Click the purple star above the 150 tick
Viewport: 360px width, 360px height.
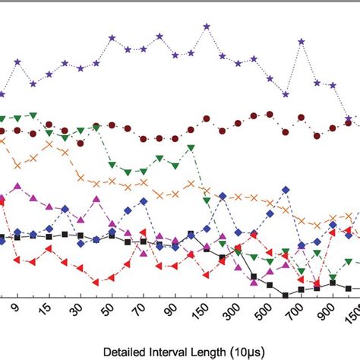pos(207,27)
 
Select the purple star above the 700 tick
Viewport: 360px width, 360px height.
pos(302,43)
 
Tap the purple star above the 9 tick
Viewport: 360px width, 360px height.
pos(17,62)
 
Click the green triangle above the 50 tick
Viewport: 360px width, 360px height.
pos(112,163)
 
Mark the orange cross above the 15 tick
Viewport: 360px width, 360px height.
pos(49,144)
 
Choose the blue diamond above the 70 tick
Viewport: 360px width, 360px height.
pos(144,201)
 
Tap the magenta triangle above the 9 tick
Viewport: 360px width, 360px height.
pos(17,186)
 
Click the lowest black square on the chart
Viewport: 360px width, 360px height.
pos(286,295)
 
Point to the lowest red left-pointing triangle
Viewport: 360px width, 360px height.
pos(96,282)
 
